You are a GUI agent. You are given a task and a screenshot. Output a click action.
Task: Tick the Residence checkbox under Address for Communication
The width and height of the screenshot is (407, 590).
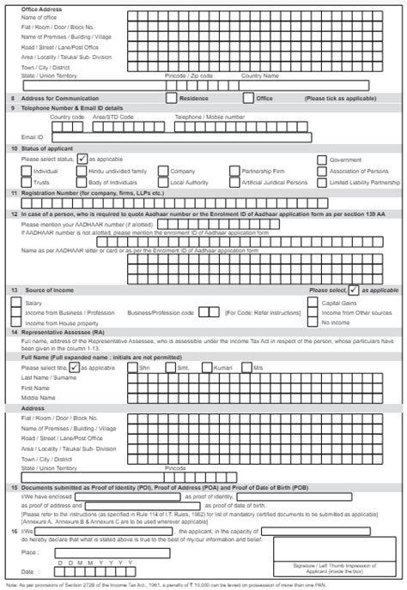(x=172, y=98)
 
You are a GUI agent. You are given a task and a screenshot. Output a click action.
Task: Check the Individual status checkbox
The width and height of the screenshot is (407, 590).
(x=26, y=171)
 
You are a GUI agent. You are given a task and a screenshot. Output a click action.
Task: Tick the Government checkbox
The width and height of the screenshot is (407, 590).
(x=322, y=160)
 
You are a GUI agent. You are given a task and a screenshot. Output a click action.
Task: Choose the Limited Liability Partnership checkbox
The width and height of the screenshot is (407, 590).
(x=322, y=183)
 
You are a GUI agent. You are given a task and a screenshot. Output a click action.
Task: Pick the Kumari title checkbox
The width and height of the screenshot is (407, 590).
(x=210, y=367)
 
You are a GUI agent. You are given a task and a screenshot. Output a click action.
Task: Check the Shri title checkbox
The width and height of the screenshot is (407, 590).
(x=131, y=367)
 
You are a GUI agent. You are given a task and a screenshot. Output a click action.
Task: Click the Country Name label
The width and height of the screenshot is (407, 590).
(x=258, y=75)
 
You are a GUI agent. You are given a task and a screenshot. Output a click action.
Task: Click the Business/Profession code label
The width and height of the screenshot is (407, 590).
(x=160, y=312)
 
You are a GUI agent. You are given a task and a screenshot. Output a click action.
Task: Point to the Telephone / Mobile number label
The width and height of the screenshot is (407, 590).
(x=210, y=116)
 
